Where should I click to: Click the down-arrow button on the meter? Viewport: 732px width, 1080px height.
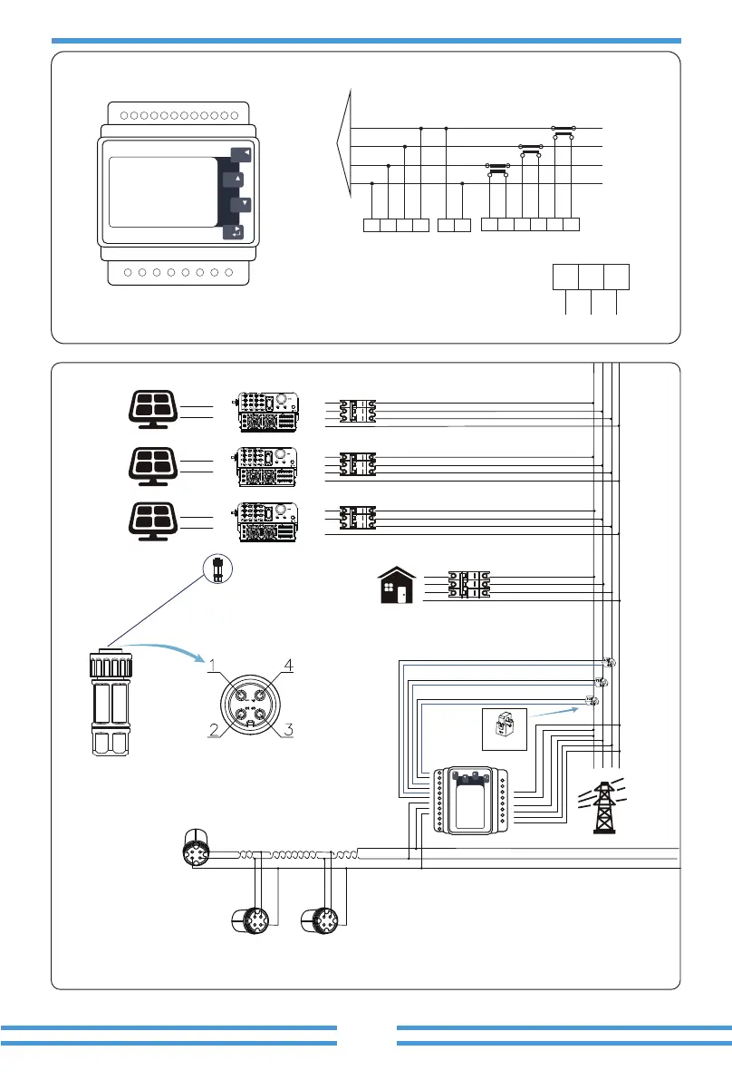click(241, 205)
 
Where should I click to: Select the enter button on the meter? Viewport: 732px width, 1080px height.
click(234, 231)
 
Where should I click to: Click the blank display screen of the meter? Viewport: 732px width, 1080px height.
click(163, 192)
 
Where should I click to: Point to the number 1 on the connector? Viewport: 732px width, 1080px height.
click(213, 666)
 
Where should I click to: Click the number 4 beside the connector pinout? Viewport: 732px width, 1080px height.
click(289, 666)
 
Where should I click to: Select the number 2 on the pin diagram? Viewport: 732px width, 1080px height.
click(214, 729)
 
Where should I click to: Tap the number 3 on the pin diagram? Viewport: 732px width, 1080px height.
click(289, 729)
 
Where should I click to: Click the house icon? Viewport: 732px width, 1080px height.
click(398, 586)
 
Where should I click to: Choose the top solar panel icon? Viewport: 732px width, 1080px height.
click(153, 409)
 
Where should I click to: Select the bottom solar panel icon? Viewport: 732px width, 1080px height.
click(153, 521)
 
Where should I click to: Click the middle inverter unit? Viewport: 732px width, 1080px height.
click(267, 467)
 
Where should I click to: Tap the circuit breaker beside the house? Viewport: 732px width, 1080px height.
click(469, 584)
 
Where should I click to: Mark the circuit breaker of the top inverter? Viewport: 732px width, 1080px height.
click(358, 411)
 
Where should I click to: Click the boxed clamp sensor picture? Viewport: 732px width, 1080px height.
click(505, 729)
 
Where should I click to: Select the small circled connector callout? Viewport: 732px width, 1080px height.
click(218, 569)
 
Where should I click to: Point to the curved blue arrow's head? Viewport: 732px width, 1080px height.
click(202, 659)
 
